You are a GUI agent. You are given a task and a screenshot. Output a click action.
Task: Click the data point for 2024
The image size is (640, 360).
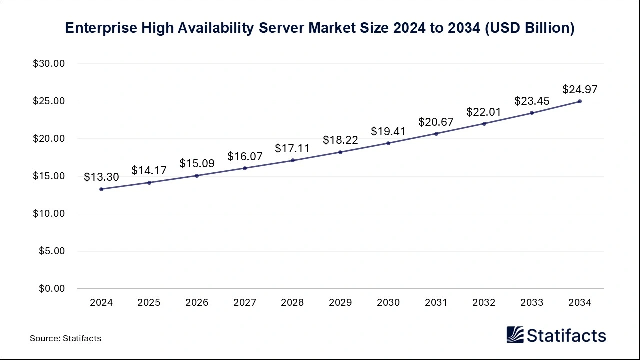pos(101,189)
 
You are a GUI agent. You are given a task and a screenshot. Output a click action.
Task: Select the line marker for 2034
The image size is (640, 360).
pos(580,101)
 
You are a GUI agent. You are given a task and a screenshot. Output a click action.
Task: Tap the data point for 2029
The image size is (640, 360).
pos(340,152)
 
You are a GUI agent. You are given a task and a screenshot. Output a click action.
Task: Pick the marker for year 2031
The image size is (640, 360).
pos(436,134)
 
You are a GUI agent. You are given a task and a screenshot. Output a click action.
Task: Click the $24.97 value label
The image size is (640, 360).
pos(580,90)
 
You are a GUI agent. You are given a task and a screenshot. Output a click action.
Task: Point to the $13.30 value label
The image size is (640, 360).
pos(101,177)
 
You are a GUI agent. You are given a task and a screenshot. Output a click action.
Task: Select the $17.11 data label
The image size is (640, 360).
pos(292,149)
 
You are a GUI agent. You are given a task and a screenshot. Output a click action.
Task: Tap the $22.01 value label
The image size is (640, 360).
pos(484,112)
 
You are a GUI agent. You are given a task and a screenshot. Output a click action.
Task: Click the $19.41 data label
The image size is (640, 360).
pos(388,132)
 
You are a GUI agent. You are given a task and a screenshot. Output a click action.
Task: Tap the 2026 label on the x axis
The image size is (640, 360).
pos(197,303)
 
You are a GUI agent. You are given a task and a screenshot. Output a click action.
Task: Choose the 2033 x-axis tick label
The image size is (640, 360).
pos(532,303)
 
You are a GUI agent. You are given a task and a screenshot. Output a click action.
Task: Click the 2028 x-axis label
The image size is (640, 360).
pos(292,303)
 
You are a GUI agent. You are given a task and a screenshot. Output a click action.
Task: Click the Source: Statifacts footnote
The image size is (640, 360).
pos(65,338)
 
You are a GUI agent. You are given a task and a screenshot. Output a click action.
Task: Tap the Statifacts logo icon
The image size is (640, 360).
pos(515,335)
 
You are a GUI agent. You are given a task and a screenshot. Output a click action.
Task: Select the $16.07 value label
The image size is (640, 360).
pos(245,157)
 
